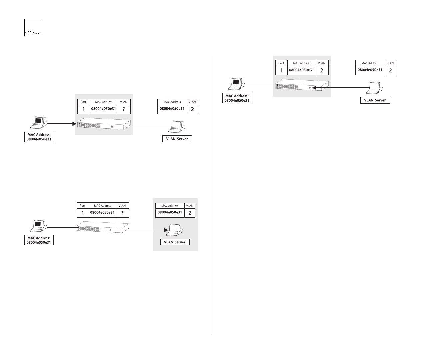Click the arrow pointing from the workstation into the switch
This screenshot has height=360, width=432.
click(62, 123)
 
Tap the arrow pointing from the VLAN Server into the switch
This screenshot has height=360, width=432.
click(340, 88)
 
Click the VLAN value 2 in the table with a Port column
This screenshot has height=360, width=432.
click(322, 71)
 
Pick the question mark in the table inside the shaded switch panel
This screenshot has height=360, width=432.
click(124, 109)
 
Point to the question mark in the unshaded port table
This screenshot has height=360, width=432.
click(122, 213)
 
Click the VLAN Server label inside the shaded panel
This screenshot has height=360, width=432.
click(175, 242)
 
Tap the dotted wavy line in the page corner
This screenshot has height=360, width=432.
click(33, 32)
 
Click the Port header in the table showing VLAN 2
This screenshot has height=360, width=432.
click(281, 63)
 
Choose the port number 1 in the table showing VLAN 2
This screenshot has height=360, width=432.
click(281, 71)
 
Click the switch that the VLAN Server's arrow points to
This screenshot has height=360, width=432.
click(302, 85)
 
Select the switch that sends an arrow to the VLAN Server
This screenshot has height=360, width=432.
click(102, 227)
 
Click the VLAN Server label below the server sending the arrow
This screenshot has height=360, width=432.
click(375, 100)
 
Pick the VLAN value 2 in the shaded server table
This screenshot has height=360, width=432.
click(190, 213)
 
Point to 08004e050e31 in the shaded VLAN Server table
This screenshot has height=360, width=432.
click(170, 212)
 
